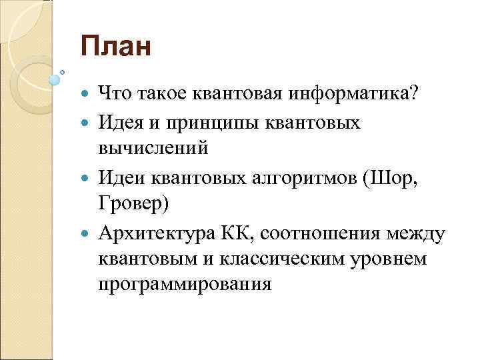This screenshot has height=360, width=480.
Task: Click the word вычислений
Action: click(153, 148)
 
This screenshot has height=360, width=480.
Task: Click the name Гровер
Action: click(134, 204)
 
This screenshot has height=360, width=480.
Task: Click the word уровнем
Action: click(405, 260)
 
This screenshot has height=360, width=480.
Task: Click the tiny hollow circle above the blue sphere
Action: click(63, 71)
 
